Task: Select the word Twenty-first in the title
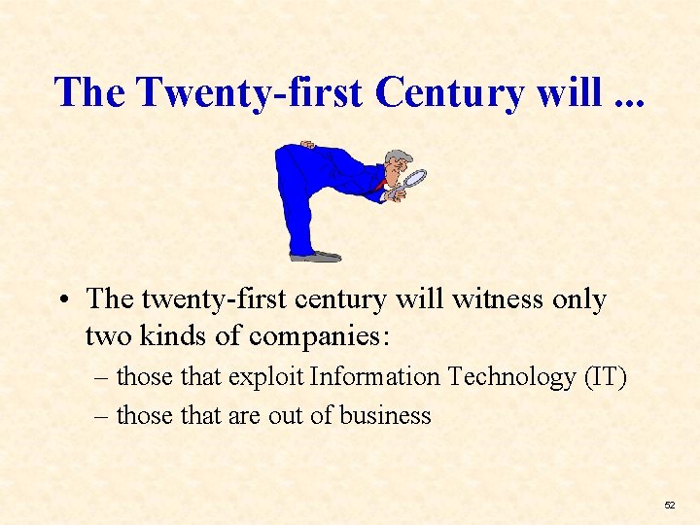[251, 92]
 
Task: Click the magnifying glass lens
[415, 179]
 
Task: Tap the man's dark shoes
[316, 256]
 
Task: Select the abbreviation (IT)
[606, 377]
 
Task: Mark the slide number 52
[669, 506]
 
